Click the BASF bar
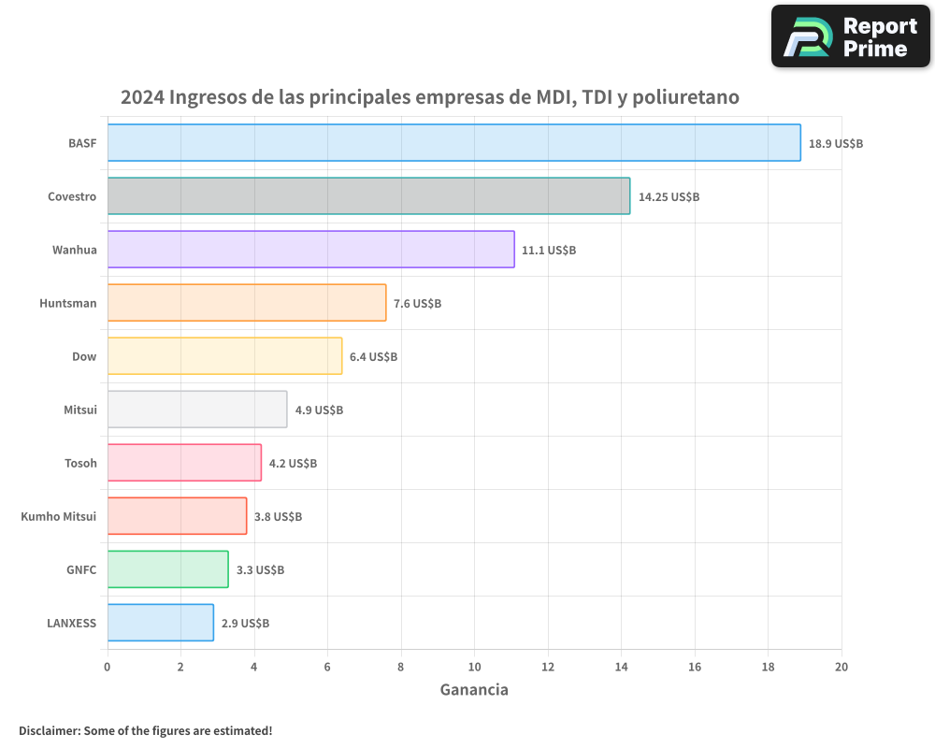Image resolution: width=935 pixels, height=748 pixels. point(453,143)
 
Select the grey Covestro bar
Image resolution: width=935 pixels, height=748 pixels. point(368,196)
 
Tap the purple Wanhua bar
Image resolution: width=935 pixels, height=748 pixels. point(310,250)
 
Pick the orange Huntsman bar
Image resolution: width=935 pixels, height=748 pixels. point(246,303)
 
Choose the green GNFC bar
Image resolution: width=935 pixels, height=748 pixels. point(167,569)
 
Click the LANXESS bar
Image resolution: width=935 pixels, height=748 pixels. point(160,623)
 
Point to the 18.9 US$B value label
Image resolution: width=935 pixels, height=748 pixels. point(836,144)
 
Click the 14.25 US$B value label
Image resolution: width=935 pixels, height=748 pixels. point(669,197)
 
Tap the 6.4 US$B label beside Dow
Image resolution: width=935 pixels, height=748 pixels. point(373,357)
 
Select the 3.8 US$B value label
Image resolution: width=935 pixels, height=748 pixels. point(278,517)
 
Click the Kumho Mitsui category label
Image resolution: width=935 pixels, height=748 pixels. point(59,517)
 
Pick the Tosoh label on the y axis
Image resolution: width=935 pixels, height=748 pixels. point(80,464)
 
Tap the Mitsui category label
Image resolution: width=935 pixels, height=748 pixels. point(79,410)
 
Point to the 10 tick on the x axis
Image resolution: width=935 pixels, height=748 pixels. point(474,667)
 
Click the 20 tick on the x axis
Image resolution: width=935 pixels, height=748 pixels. point(841,667)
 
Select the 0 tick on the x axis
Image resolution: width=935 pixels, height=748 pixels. point(108,667)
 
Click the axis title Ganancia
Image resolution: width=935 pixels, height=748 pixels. point(474,690)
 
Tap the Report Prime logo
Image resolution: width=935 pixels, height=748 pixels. point(850,36)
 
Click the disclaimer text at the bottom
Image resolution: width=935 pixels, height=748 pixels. point(145,730)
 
